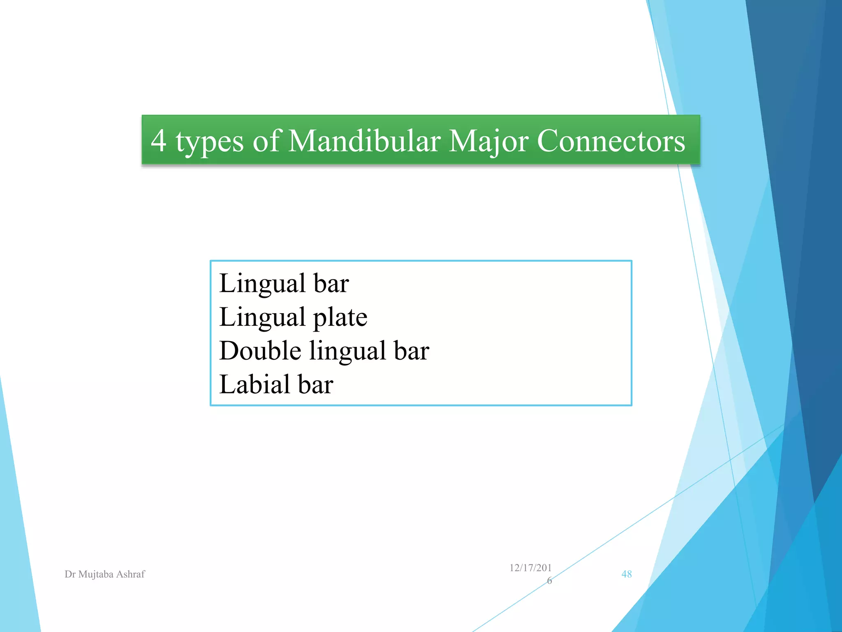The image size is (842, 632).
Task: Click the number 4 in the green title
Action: coord(159,141)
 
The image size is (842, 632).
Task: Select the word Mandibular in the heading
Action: coord(364,141)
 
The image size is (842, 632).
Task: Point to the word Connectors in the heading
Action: coord(611,141)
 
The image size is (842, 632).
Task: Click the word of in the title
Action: coord(266,141)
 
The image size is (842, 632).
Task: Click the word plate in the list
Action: coord(340,318)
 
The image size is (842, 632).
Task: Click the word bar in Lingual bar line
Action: coord(331,284)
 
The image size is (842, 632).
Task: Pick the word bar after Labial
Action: coord(315,384)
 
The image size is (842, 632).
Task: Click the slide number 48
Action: coord(626,574)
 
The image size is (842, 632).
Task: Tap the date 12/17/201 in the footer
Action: coord(530,568)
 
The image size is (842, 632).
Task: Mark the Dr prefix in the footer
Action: coord(70,574)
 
